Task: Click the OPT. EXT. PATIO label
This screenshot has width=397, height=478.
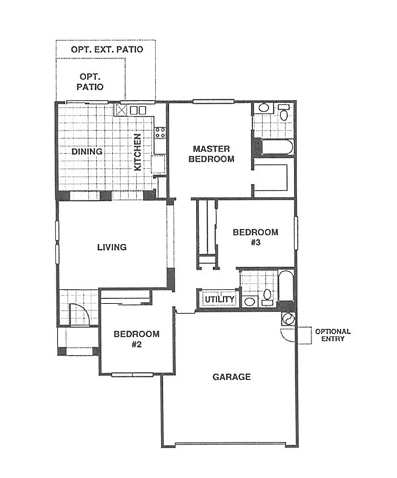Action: point(107,50)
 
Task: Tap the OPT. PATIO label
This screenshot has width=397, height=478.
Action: point(90,81)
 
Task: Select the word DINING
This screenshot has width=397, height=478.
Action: point(87,151)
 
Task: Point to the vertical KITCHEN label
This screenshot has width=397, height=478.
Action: point(138,152)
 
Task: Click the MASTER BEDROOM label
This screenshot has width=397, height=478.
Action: point(212,154)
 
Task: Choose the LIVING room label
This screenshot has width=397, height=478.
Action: point(112,247)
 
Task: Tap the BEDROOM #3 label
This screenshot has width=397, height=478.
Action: point(255,237)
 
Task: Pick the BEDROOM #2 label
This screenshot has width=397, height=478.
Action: point(136,339)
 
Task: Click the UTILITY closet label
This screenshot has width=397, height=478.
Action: point(220,299)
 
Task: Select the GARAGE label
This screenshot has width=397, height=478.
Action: point(232,377)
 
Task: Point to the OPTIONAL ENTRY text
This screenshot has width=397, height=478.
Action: point(333,335)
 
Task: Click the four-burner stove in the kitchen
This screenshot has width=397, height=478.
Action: point(160,133)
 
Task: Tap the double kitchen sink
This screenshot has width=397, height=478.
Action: point(138,110)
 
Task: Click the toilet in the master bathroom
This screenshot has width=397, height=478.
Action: point(284,112)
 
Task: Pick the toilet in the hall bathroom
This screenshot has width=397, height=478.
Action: point(267,298)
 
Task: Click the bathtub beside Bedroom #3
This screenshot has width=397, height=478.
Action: point(287,286)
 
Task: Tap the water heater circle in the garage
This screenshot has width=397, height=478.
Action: point(288,319)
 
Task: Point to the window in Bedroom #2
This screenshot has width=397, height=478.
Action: point(132,375)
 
